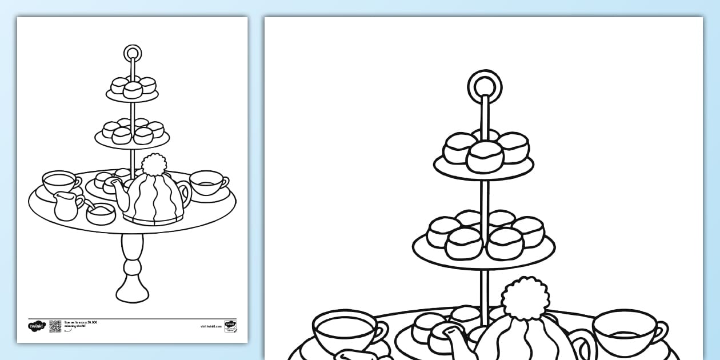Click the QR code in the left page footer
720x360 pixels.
click(x=55, y=326)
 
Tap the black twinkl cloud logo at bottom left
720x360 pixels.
click(x=36, y=326)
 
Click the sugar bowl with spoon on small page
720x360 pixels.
click(x=101, y=214)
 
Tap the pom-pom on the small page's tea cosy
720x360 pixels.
click(x=153, y=165)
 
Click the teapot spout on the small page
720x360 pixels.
click(x=114, y=184)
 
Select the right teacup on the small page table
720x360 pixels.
click(x=207, y=183)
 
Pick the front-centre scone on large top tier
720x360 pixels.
click(x=485, y=157)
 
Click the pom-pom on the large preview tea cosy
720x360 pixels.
click(x=525, y=298)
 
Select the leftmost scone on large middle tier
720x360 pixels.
click(x=443, y=231)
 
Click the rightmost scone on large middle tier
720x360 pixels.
click(x=528, y=231)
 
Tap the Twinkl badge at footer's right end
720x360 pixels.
click(x=230, y=326)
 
